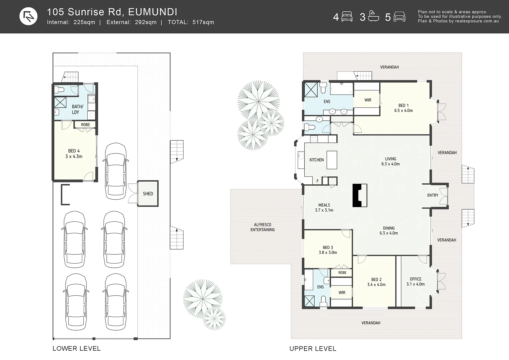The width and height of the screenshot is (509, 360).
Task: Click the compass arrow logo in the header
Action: (28, 16)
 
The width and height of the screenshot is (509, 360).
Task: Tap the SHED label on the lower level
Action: (148, 194)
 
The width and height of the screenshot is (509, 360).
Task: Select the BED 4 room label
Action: (74, 151)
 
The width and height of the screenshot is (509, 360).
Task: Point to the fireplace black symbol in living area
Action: (360, 195)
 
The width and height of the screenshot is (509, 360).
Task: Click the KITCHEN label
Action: (316, 160)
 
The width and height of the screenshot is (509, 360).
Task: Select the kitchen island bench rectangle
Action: (332, 160)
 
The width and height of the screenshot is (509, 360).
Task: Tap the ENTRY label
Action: (432, 195)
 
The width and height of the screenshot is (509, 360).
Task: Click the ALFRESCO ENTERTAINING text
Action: (263, 227)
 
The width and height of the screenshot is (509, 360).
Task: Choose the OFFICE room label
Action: (415, 279)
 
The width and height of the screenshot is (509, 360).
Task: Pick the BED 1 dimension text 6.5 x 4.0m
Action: (403, 111)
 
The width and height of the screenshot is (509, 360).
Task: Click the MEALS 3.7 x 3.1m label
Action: (324, 208)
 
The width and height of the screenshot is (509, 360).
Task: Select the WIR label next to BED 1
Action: (368, 100)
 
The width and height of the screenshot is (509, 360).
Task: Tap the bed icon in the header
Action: (347, 17)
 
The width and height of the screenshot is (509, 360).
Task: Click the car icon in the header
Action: (399, 17)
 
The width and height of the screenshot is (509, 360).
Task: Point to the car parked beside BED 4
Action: (116, 171)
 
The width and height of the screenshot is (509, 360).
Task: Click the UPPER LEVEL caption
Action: (313, 349)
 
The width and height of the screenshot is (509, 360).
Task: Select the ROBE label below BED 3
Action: (342, 273)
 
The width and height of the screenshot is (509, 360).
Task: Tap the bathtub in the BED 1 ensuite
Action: (341, 89)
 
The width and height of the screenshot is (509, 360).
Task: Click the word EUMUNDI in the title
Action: (152, 12)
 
